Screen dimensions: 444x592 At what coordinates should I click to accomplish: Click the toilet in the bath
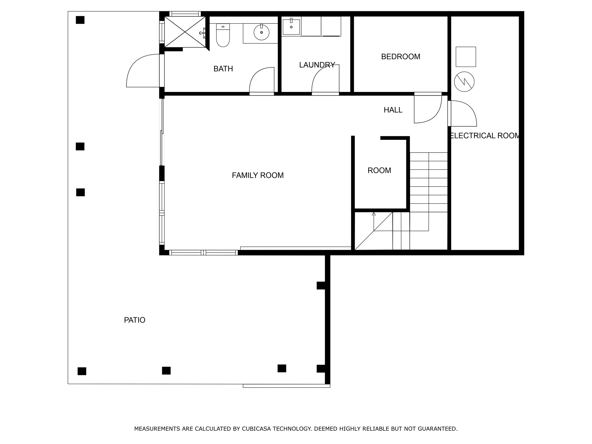point(223,36)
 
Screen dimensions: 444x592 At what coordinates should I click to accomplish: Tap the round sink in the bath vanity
point(261,32)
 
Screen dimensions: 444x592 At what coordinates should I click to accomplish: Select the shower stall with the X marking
point(185,32)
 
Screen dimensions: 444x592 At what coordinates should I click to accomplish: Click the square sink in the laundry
point(291,27)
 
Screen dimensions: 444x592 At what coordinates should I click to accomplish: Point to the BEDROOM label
point(400,57)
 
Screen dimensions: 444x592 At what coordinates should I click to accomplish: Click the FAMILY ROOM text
point(258,175)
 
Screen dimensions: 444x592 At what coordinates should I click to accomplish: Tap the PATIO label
point(134,320)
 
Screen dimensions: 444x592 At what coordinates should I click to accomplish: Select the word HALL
point(393,110)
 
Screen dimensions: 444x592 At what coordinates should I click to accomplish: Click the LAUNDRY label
point(317,65)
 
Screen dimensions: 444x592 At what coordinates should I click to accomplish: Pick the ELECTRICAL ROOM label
point(485,136)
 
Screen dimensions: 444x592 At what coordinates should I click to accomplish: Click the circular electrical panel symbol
point(464,82)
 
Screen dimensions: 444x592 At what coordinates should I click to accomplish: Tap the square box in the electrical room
point(466,57)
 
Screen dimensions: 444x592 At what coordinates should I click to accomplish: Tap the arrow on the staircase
point(373,214)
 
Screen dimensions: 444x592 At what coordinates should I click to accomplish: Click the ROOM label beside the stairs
point(379,171)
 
